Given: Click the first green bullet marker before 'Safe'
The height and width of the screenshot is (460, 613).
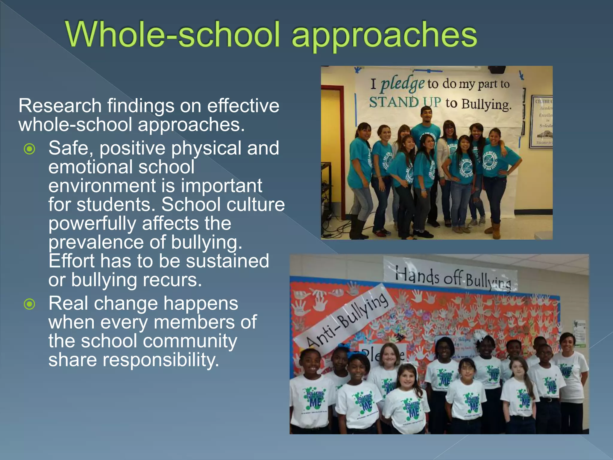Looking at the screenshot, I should point(30,149).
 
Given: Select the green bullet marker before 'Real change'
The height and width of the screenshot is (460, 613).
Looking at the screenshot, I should point(30,304).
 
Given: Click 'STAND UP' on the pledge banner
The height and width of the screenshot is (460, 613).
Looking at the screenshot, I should point(405,102).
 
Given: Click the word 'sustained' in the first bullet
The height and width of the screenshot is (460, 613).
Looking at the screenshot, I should point(227,261).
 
